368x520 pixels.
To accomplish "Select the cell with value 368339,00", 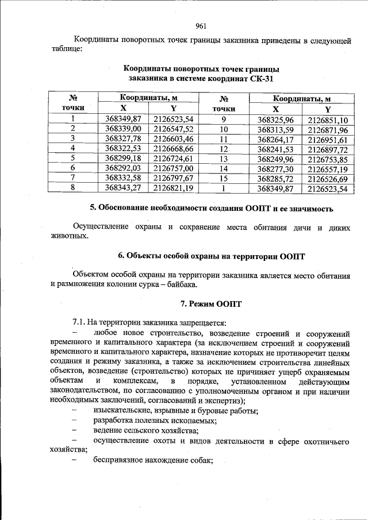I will pos(124,129).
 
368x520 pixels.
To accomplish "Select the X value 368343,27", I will pos(124,187).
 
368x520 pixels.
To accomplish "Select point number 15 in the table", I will pos(224,178).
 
